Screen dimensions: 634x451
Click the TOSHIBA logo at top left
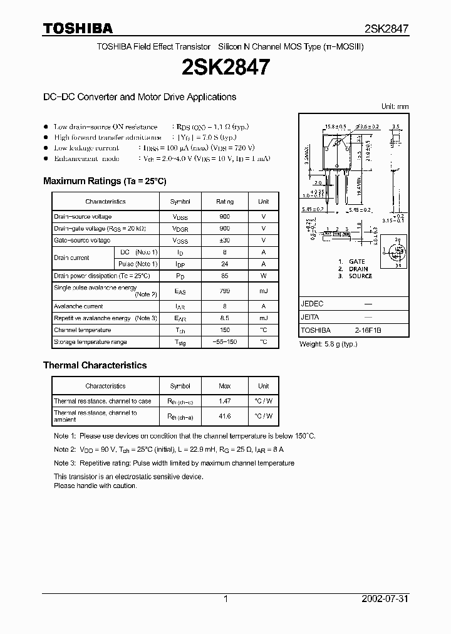tap(78, 28)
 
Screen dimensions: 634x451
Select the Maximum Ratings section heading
tap(105, 181)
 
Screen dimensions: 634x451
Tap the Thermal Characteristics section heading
tap(95, 365)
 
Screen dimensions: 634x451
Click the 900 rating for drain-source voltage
tap(225, 217)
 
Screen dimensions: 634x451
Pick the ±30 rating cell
tap(225, 241)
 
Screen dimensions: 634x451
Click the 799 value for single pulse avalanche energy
tap(225, 291)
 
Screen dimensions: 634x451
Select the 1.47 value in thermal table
tap(225, 401)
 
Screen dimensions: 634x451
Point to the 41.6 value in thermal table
tap(225, 416)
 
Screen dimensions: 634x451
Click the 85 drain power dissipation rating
tap(225, 276)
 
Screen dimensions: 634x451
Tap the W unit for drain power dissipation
tap(263, 276)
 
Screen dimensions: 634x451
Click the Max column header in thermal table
tap(225, 386)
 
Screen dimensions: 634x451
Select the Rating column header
tap(225, 202)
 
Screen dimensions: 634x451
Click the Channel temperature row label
tap(82, 330)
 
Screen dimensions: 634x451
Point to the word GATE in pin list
tap(356, 261)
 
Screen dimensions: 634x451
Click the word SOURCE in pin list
tap(360, 276)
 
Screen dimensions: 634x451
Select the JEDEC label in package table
tap(312, 303)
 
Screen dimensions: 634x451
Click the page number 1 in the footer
tap(225, 599)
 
